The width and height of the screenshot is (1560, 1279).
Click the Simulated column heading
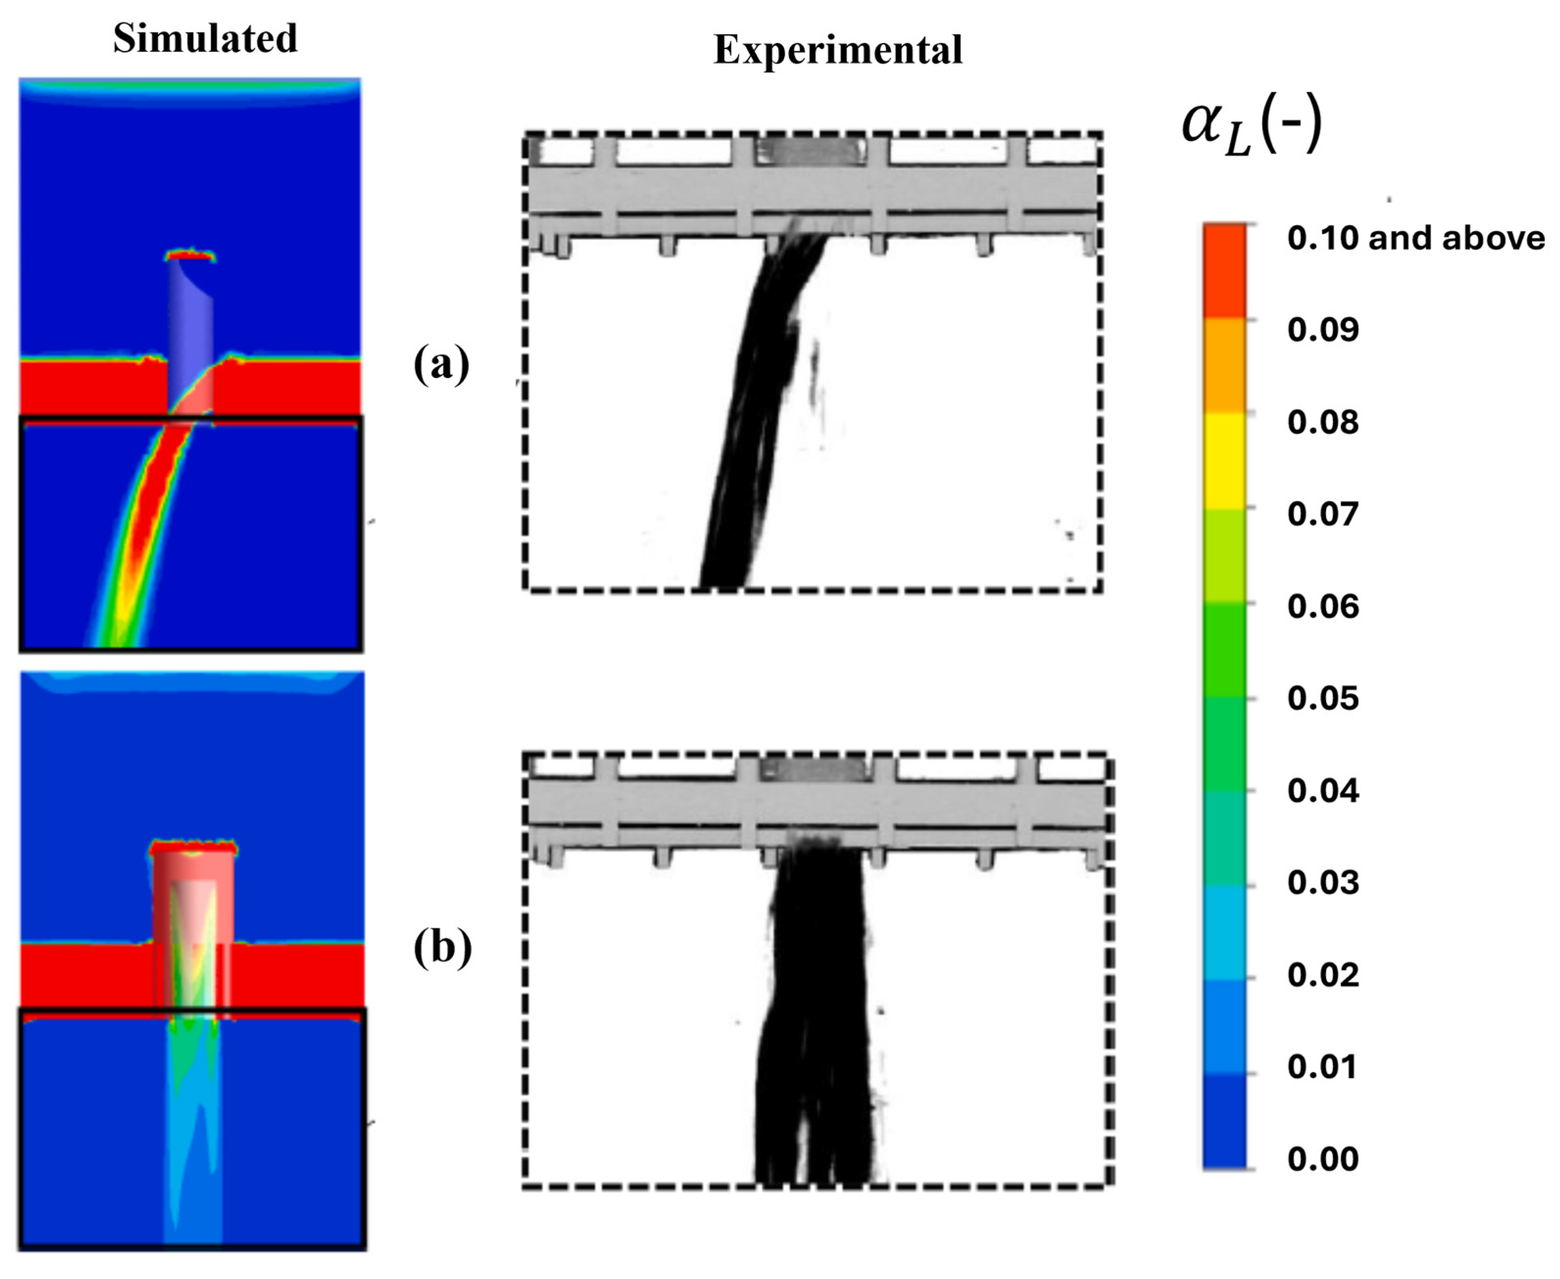pyautogui.click(x=205, y=38)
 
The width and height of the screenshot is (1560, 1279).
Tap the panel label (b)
pyautogui.click(x=442, y=948)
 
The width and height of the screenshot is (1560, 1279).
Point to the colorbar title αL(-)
pyautogui.click(x=1251, y=127)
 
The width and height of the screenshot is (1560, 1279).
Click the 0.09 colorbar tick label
pyautogui.click(x=1322, y=330)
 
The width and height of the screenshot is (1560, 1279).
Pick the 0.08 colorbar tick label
pyautogui.click(x=1322, y=422)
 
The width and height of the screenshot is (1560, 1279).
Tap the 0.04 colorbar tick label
pyautogui.click(x=1322, y=791)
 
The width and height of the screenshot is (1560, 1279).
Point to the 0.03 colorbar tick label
pyautogui.click(x=1322, y=883)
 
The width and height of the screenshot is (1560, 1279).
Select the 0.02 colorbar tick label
pyautogui.click(x=1322, y=975)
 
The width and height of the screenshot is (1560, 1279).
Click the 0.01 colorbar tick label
pyautogui.click(x=1322, y=1067)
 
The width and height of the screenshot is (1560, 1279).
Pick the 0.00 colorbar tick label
pyautogui.click(x=1322, y=1159)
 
